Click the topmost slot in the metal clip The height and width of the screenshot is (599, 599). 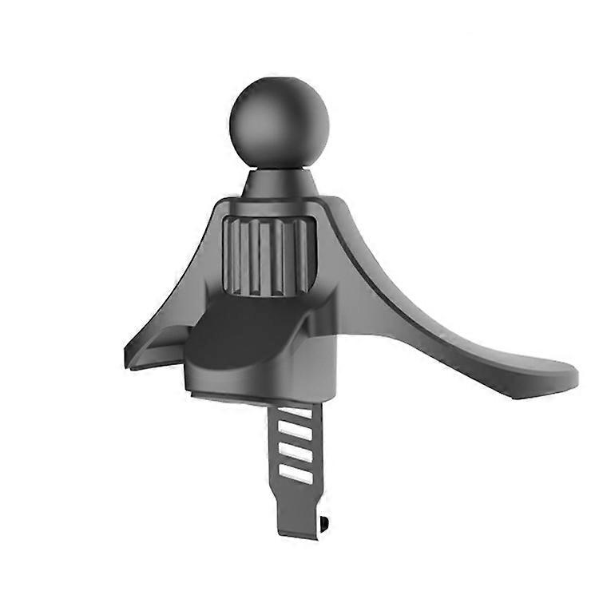coord(296,415)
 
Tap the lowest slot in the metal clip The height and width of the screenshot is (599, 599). coord(296,474)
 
